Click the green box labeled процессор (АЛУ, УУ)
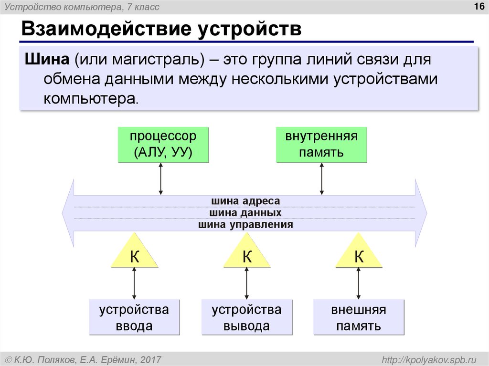pyautogui.click(x=163, y=144)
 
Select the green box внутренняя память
pyautogui.click(x=321, y=144)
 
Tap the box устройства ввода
pyautogui.click(x=134, y=317)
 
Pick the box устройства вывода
pyautogui.click(x=246, y=317)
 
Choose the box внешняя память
pyautogui.click(x=358, y=317)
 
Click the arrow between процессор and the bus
pyautogui.click(x=161, y=178)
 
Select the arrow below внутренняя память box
pyautogui.click(x=322, y=178)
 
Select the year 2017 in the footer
pyautogui.click(x=151, y=359)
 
